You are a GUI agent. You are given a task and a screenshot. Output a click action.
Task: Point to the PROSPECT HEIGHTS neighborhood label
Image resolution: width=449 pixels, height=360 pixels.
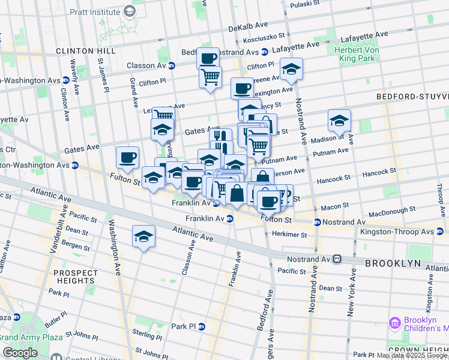pyautogui.click(x=75, y=277)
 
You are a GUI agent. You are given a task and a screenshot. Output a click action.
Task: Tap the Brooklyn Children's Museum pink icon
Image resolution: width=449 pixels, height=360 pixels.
pyautogui.click(x=394, y=323)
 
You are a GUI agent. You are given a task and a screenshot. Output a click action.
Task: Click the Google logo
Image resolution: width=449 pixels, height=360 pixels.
pyautogui.click(x=20, y=353)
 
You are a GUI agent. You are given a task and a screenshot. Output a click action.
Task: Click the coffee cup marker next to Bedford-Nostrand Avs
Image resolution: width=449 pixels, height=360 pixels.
pyautogui.click(x=208, y=58)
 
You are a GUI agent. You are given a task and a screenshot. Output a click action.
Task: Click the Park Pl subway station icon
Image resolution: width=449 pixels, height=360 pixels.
pyautogui.click(x=202, y=326)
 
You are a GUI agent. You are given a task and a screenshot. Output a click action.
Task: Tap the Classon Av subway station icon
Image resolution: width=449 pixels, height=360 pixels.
pyautogui.click(x=172, y=66)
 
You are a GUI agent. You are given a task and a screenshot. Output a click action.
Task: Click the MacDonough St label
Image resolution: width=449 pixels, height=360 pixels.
pyautogui.click(x=392, y=211)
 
